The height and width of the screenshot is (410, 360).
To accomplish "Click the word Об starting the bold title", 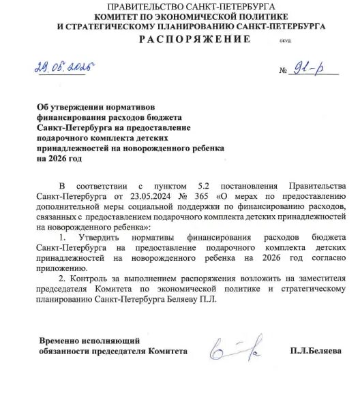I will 44,107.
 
